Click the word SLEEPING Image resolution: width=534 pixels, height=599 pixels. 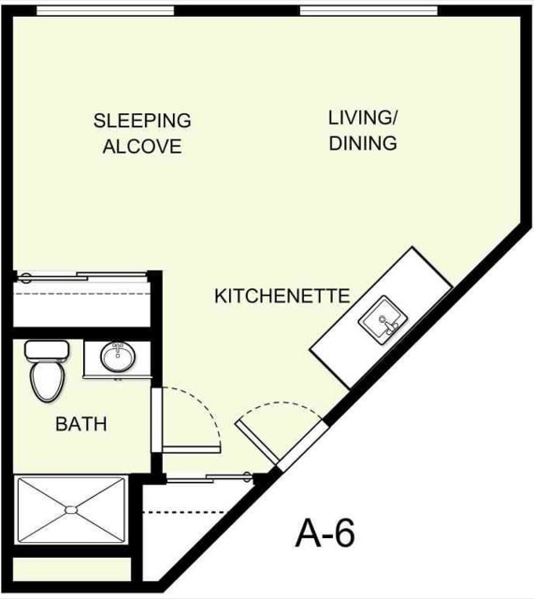(x=142, y=121)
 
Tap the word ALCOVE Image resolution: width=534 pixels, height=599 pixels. (x=142, y=147)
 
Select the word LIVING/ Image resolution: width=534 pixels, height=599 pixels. (x=364, y=118)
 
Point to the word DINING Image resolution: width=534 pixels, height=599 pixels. (x=364, y=144)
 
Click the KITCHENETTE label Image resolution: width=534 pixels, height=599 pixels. (x=281, y=297)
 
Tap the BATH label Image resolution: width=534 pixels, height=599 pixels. (x=81, y=424)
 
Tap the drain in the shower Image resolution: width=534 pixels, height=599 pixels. (x=70, y=510)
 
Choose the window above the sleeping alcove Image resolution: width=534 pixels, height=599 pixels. (x=105, y=10)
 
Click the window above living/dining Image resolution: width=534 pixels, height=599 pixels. (x=368, y=10)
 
